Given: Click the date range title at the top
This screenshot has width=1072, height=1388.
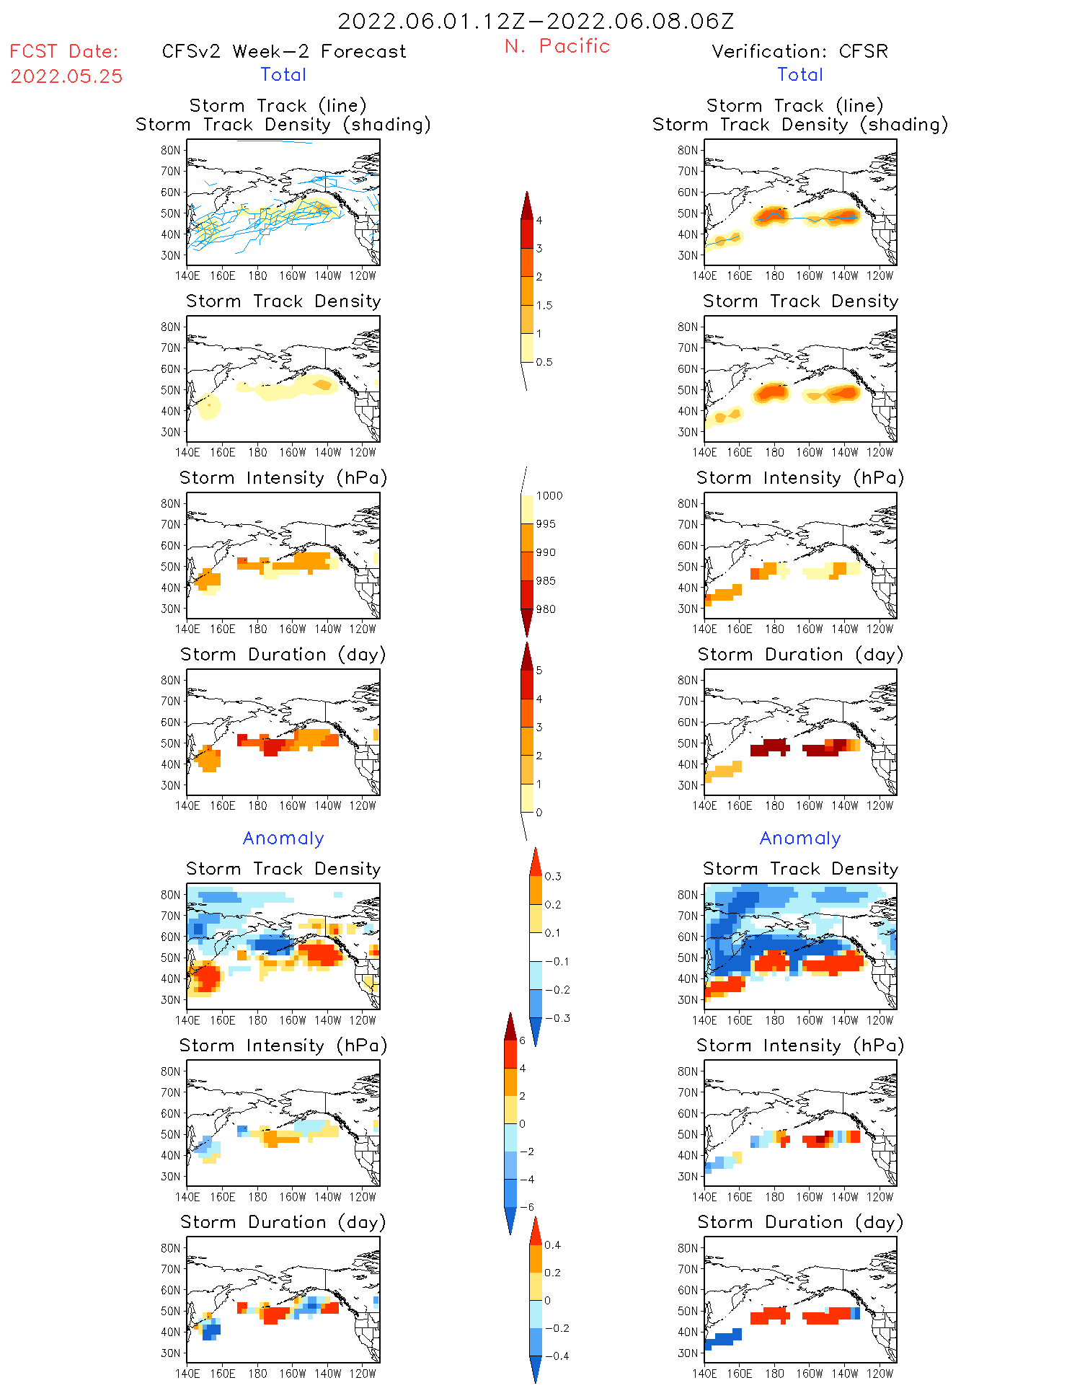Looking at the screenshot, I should (x=536, y=22).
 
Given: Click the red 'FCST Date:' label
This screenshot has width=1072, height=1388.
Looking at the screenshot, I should (x=64, y=52).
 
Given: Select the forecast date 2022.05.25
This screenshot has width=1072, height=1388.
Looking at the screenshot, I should (x=67, y=76).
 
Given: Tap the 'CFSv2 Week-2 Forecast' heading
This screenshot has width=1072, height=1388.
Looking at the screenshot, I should (x=284, y=52).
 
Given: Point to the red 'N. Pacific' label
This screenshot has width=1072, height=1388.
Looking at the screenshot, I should (x=557, y=46).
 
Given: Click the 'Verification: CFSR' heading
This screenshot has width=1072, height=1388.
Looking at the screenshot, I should (x=799, y=52).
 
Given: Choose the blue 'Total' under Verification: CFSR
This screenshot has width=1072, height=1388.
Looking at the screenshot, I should (x=799, y=75).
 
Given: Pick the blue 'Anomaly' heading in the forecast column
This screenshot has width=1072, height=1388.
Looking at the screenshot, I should (x=283, y=839).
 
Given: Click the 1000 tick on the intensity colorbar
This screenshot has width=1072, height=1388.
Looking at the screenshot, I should (x=549, y=496).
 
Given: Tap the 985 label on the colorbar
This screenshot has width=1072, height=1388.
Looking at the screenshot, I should (x=546, y=581).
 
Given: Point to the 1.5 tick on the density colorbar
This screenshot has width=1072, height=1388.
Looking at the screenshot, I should (x=544, y=306).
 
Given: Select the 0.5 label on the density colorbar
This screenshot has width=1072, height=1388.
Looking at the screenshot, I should (x=544, y=362).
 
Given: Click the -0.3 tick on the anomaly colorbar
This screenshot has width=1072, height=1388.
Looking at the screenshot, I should (x=557, y=1019).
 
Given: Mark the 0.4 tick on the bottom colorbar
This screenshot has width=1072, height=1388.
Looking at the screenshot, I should (x=552, y=1245).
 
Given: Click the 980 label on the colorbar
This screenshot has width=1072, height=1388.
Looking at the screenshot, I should (x=546, y=609).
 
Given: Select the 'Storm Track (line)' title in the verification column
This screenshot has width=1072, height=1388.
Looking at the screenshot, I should (x=794, y=106).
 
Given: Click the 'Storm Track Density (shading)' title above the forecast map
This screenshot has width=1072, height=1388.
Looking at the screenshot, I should (x=283, y=125).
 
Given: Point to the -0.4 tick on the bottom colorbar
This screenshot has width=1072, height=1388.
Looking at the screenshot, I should (x=556, y=1356).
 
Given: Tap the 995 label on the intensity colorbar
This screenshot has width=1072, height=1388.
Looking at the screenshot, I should (x=546, y=524).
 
